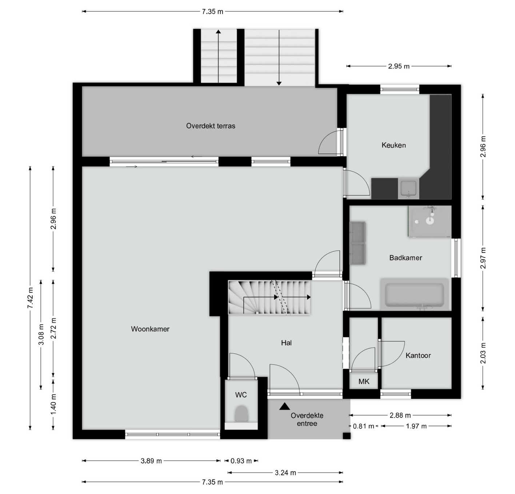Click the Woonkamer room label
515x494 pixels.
click(150, 329)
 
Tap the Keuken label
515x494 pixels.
click(394, 145)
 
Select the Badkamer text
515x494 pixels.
click(406, 258)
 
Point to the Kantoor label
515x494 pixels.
click(418, 355)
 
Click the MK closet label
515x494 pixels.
click(364, 382)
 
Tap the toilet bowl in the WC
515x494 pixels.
click(241, 414)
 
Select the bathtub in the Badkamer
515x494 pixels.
click(414, 294)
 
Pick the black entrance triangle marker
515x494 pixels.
click(284, 406)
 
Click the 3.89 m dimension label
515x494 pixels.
click(151, 461)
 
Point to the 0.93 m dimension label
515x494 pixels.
click(241, 461)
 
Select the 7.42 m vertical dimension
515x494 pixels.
click(31, 298)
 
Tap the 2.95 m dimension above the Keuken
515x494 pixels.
click(399, 66)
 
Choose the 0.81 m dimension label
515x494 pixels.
click(364, 426)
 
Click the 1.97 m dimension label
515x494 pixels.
click(416, 426)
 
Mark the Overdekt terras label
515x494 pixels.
click(211, 126)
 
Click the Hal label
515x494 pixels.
click(286, 343)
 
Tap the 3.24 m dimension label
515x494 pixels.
click(285, 473)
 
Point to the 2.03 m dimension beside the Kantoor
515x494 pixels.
click(483, 353)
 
